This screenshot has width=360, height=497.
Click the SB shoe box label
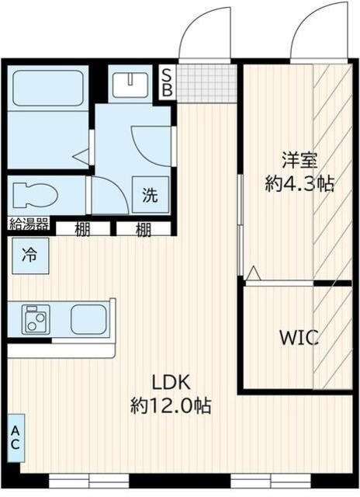(x=166, y=82)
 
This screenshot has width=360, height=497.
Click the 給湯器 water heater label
(x=29, y=224)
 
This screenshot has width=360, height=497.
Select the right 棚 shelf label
(x=144, y=228)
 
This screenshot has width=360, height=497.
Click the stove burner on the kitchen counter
(x=35, y=318)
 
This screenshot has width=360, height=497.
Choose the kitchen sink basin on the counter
(x=88, y=318)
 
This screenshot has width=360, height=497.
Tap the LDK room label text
(x=170, y=382)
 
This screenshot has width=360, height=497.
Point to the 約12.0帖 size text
(x=171, y=405)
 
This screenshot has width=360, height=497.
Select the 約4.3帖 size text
(x=299, y=185)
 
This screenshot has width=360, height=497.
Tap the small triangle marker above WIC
(x=254, y=272)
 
